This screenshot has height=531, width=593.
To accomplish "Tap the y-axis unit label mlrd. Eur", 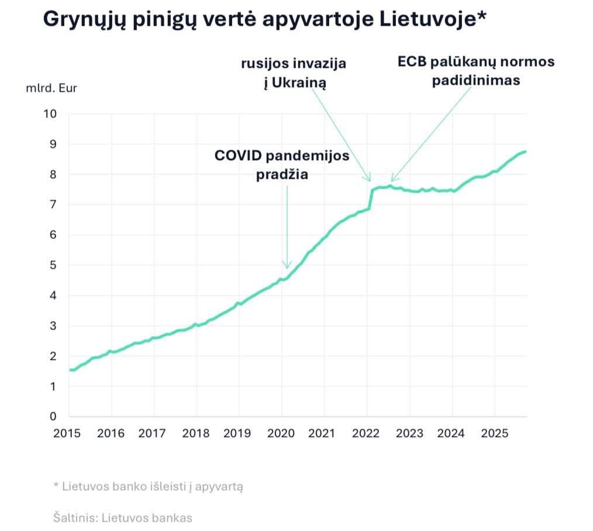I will coord(51,89).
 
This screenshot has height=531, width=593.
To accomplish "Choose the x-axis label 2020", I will coord(281,433).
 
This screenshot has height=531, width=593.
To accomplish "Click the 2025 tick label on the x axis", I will coord(494,433).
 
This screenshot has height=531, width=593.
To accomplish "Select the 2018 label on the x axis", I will coord(196,433).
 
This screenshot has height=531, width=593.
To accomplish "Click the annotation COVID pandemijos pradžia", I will coord(282,165).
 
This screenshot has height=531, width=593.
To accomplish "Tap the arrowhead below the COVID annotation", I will coord(287,266).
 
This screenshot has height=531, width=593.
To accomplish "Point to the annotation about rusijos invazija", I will coord(294,73).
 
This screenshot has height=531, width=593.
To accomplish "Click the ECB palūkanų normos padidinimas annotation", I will coord(475,71).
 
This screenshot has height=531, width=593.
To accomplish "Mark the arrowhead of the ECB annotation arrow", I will coord(392,179).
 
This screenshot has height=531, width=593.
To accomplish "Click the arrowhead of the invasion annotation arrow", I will coord(369,178).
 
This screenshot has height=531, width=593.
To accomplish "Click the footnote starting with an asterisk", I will coord(147,486).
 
